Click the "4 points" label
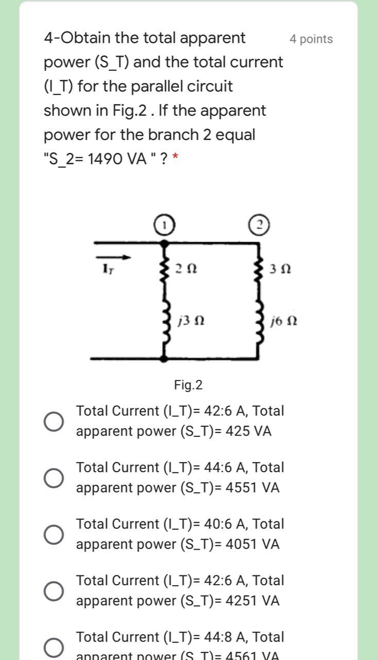click(x=311, y=39)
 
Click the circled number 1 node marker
click(x=163, y=225)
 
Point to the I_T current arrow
click(x=116, y=257)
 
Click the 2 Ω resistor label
click(x=185, y=269)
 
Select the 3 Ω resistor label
click(x=281, y=269)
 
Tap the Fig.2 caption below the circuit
click(x=188, y=385)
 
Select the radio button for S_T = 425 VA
click(x=54, y=421)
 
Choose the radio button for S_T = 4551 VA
click(x=54, y=478)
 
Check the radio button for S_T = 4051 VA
click(x=54, y=535)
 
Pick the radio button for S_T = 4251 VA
click(x=54, y=591)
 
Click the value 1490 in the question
click(x=106, y=159)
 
